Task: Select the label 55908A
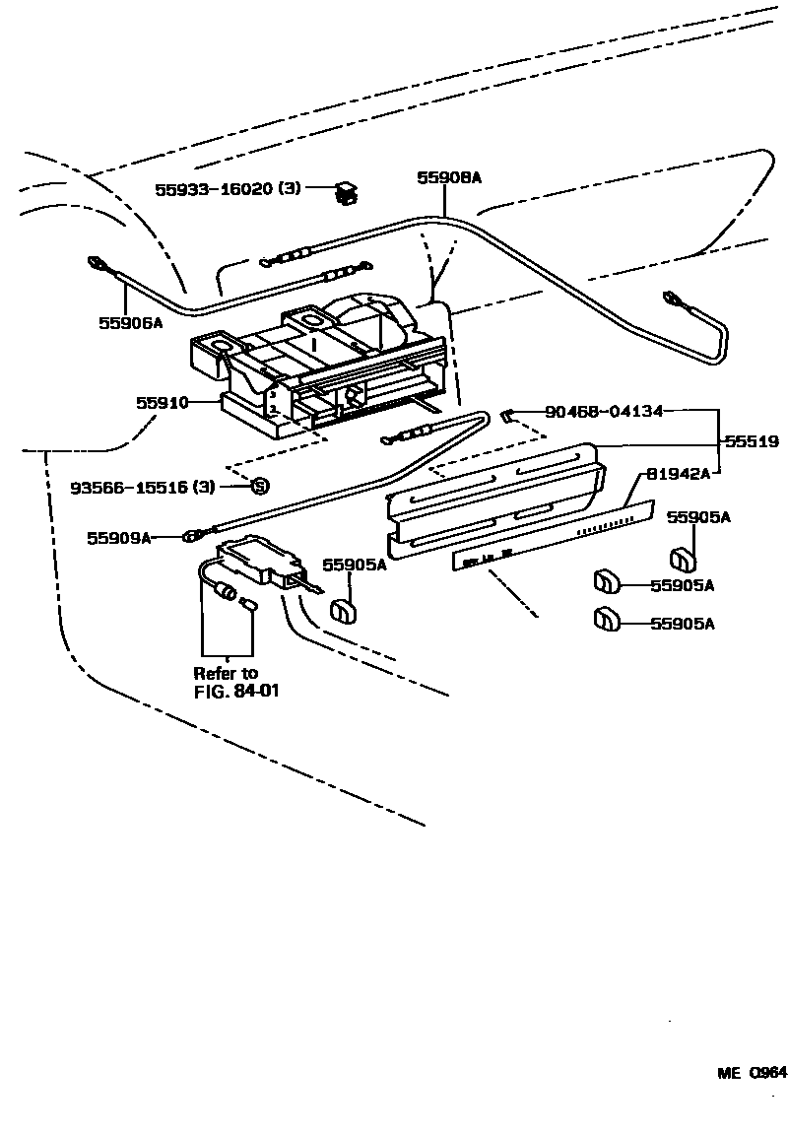[x=448, y=177]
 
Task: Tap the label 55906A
[x=130, y=322]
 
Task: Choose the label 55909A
[x=119, y=538]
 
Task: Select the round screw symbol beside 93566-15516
[x=260, y=485]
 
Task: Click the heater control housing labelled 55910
[x=325, y=369]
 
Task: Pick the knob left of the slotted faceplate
[x=342, y=610]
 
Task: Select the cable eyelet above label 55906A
[x=99, y=264]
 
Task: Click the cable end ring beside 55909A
[x=188, y=537]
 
